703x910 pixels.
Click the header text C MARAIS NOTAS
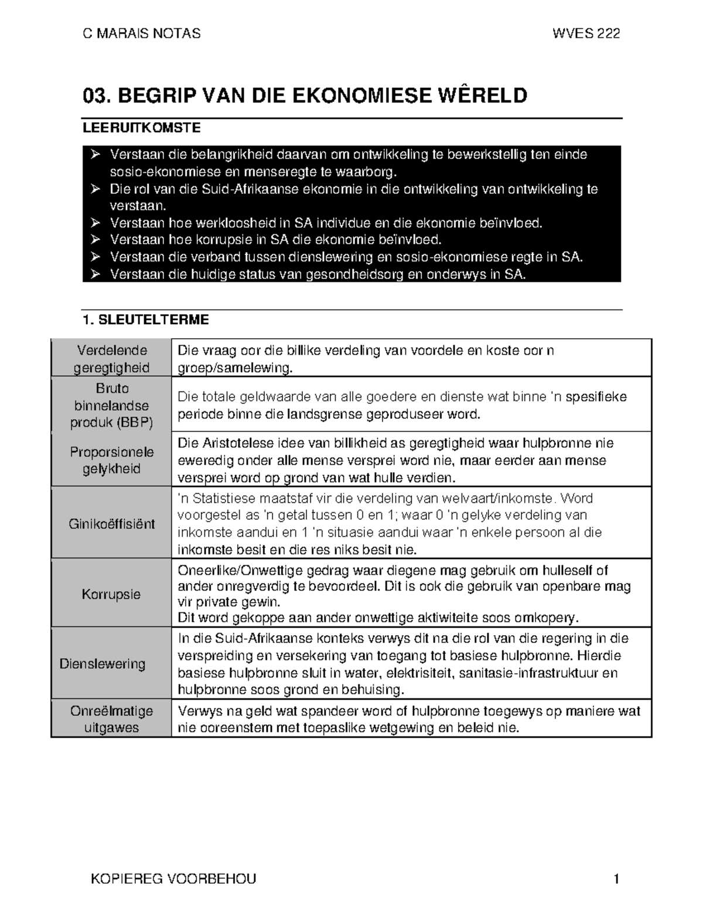click(x=142, y=33)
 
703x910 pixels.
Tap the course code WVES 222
click(x=586, y=33)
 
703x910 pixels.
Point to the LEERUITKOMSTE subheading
click(x=142, y=128)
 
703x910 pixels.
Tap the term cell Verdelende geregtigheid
click(x=111, y=359)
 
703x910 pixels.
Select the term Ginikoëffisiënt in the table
click(x=111, y=524)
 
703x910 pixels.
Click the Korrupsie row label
click(x=111, y=594)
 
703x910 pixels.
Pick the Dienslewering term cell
click(x=103, y=664)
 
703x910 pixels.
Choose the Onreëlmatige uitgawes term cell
click(x=111, y=719)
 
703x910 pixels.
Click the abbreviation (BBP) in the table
click(x=135, y=422)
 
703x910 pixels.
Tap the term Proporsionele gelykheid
click(x=111, y=460)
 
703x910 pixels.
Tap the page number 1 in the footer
click(x=616, y=879)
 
